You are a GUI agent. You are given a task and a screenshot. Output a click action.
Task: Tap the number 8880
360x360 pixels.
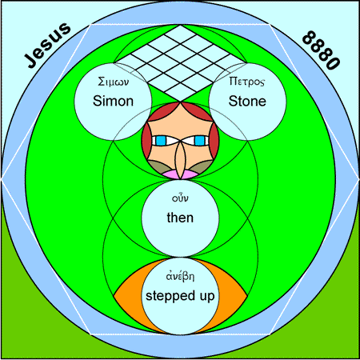click(x=322, y=50)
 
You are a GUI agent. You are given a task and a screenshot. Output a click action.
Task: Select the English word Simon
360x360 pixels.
click(x=113, y=102)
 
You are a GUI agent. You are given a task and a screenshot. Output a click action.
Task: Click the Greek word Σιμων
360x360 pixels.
click(x=114, y=82)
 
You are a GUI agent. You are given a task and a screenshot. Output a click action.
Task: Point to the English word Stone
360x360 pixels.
click(x=247, y=102)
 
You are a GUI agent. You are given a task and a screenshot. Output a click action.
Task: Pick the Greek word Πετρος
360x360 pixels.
click(x=247, y=82)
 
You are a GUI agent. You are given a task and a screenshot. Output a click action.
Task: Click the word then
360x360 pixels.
click(x=180, y=218)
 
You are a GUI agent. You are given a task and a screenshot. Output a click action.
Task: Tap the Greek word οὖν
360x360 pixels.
click(x=180, y=198)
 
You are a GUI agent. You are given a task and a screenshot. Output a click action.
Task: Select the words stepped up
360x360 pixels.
click(x=180, y=296)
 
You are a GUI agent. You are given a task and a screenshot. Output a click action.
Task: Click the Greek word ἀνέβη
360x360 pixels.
click(x=180, y=276)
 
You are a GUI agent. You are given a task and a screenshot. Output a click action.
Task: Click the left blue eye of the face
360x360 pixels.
click(x=161, y=141)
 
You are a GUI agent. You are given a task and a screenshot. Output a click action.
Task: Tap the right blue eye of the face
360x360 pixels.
click(x=199, y=141)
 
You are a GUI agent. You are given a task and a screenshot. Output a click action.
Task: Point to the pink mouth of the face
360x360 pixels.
click(x=180, y=174)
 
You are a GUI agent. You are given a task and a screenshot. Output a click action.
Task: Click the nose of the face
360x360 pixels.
click(x=180, y=159)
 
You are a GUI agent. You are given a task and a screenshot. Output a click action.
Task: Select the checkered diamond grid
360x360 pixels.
click(x=180, y=63)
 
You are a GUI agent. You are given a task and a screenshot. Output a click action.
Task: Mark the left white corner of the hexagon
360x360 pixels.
click(x=2, y=179)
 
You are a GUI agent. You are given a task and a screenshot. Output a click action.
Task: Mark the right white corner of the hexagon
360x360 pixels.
click(x=358, y=179)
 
